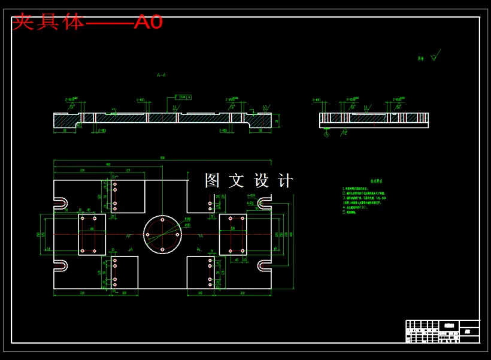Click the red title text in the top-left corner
coord(87,22)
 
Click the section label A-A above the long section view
coord(161,75)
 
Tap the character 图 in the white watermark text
coord(213,180)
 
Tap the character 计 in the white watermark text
coord(286,180)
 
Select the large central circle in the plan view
coord(162,234)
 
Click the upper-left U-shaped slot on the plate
coord(61,203)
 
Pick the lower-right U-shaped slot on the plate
coord(264,265)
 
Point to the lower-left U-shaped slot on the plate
coord(61,265)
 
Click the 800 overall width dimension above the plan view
coord(162,158)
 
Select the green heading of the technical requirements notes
coord(376,180)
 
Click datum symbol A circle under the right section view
coord(326,134)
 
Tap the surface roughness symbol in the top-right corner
coord(434,57)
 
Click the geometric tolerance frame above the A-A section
coord(183,96)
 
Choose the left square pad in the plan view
coord(92,234)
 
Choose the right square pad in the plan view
coord(233,234)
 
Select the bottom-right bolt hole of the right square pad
coord(243,250)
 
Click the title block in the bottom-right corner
coord(442,331)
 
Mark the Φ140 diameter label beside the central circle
coord(187,219)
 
